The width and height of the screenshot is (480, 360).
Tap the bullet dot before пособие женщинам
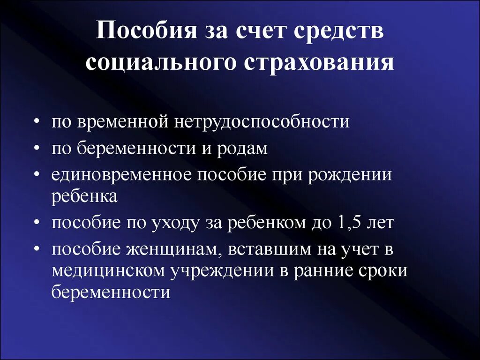tap(37, 249)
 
